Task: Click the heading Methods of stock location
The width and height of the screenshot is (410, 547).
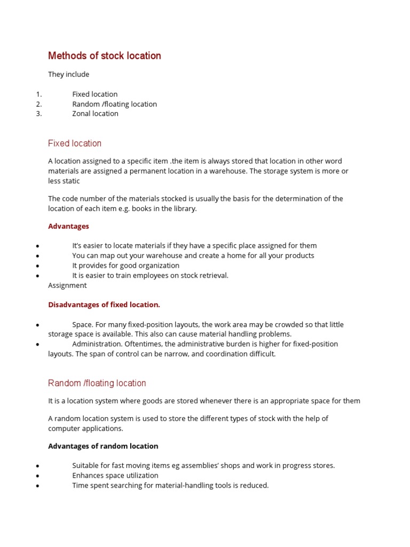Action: pos(104,56)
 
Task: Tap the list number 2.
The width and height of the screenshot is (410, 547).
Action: pos(39,104)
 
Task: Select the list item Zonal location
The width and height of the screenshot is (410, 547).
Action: pos(95,114)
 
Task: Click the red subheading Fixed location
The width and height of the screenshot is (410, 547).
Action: pos(74,143)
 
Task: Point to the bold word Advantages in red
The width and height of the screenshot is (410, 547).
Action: pos(68,226)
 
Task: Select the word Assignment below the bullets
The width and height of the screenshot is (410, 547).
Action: pos(67,286)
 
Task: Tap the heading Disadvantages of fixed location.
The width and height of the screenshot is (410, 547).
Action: pos(104,305)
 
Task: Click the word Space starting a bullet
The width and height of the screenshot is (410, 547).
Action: pos(82,325)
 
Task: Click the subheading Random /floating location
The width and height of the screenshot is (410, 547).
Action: pos(97,383)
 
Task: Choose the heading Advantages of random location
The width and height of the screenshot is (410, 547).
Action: pos(103,446)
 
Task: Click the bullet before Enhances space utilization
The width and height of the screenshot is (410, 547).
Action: pos(37,476)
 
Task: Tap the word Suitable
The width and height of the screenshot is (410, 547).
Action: pos(86,466)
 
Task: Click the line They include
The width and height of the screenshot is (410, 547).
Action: pos(68,74)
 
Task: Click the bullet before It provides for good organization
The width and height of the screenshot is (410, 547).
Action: pos(37,266)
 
